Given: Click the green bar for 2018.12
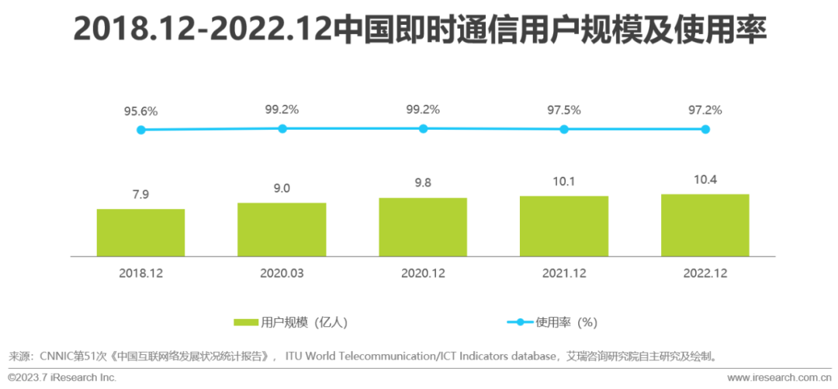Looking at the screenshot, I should tap(140, 232).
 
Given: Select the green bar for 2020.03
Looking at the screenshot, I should tap(282, 229).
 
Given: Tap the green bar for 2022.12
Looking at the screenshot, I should tap(705, 224).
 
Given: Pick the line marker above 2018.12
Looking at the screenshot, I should tap(140, 130).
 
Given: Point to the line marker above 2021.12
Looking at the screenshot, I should tap(564, 129).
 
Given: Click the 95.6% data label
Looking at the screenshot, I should tap(140, 111).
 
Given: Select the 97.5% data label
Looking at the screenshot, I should tap(564, 110).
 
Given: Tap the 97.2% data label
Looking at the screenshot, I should tap(705, 110).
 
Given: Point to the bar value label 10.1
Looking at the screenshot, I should tap(564, 181).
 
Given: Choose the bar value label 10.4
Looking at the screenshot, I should tap(705, 179).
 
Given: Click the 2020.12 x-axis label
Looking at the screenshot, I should tap(423, 273).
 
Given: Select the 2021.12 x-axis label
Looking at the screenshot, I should tap(564, 273).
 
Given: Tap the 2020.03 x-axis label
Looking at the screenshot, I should tap(282, 273).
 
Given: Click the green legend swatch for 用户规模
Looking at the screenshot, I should tap(246, 321).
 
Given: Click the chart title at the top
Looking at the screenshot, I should tap(419, 31).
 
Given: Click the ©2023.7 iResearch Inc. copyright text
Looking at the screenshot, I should tap(62, 377).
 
